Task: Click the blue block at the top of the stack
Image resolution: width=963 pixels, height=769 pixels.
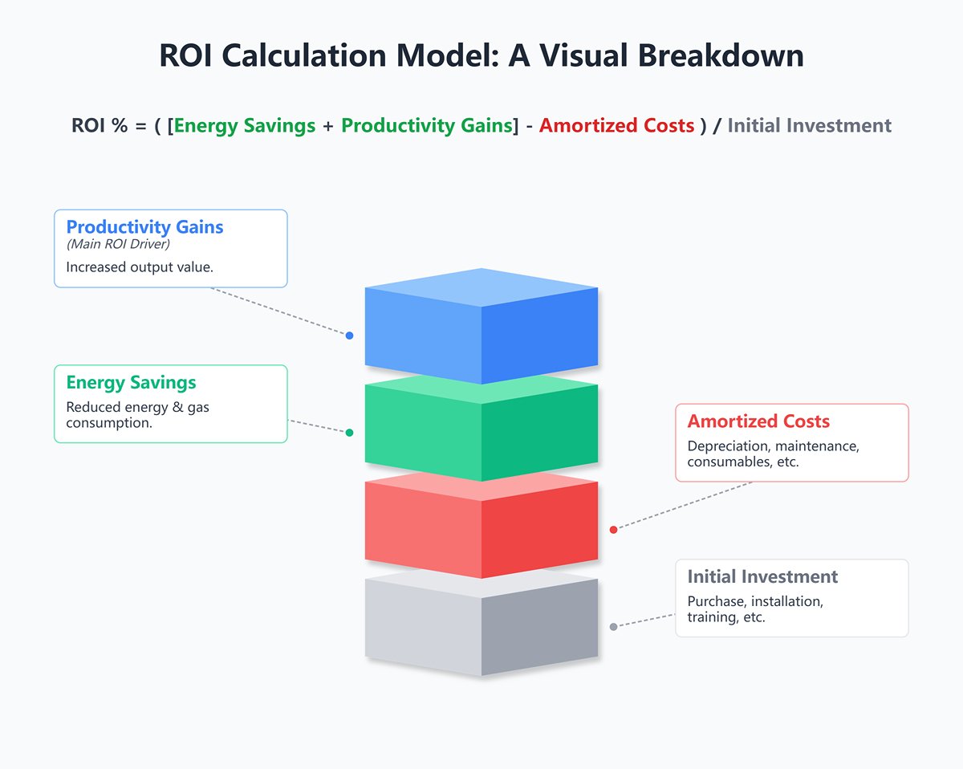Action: coord(481,329)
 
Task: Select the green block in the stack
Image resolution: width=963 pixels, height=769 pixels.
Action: coord(481,429)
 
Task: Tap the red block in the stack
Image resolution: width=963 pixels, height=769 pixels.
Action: coord(481,526)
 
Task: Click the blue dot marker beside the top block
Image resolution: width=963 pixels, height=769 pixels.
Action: coord(349,336)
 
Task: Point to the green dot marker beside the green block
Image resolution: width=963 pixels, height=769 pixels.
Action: coord(349,433)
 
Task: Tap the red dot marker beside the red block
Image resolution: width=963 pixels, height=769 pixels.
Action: coord(613,530)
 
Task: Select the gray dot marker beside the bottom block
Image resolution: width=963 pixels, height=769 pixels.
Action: coord(613,627)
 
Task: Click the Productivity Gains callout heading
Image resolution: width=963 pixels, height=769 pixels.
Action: coord(144,227)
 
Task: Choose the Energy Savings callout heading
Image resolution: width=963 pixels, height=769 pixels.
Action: coord(131,383)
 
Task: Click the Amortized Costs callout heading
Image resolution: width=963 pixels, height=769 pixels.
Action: coord(758,421)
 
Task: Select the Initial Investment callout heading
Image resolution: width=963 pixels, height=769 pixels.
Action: coord(762,577)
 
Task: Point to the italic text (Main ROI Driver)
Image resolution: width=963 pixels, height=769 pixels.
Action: coord(118,244)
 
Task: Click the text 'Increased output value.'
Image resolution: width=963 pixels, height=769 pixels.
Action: coord(140,267)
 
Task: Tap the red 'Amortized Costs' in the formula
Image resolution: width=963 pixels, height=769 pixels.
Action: coord(616,126)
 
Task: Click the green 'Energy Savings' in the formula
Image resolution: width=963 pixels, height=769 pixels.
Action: coord(244,126)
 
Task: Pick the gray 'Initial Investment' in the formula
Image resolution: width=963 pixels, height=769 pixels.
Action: coord(809,126)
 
